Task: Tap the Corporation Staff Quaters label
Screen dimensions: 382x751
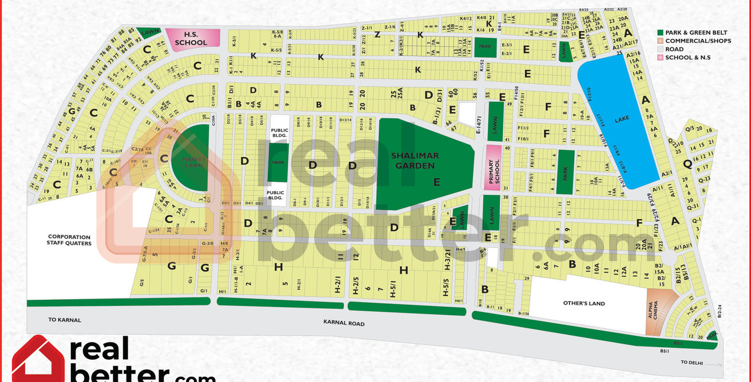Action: [69, 240]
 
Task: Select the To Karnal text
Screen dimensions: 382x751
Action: [65, 320]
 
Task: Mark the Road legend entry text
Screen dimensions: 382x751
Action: [674, 49]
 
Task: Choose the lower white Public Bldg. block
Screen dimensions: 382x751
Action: [275, 196]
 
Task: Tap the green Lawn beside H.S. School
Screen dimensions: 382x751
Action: [151, 33]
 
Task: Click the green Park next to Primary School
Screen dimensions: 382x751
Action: [565, 170]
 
